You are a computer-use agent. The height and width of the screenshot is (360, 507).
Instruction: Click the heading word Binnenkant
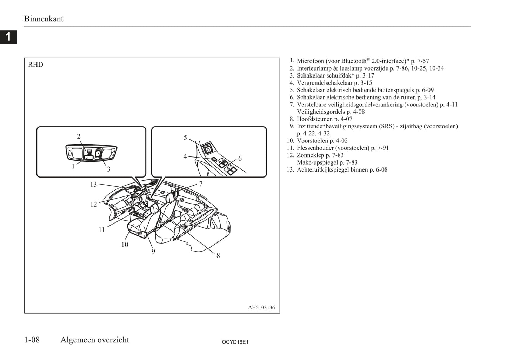click(44, 19)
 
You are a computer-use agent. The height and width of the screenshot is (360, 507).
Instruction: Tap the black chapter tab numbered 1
click(8, 37)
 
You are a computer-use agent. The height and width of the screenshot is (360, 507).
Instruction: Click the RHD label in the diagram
click(35, 65)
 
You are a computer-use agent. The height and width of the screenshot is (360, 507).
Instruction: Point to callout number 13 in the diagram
click(93, 185)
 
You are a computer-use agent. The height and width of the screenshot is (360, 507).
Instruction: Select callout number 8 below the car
click(218, 256)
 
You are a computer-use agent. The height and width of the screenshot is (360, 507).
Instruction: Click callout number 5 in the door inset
click(185, 138)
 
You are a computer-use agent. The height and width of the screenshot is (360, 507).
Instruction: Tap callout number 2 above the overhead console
click(79, 136)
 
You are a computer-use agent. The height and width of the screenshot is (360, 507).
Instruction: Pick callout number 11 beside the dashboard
click(102, 230)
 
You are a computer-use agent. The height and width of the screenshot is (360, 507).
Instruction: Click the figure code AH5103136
click(261, 307)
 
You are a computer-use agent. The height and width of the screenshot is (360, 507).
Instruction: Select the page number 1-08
click(32, 340)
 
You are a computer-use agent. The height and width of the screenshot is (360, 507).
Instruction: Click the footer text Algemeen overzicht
click(95, 340)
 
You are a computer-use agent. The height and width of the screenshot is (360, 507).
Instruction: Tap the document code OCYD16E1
click(235, 342)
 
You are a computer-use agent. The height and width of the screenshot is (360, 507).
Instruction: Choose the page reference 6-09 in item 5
click(428, 90)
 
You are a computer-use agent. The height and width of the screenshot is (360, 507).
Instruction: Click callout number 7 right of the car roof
click(201, 184)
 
